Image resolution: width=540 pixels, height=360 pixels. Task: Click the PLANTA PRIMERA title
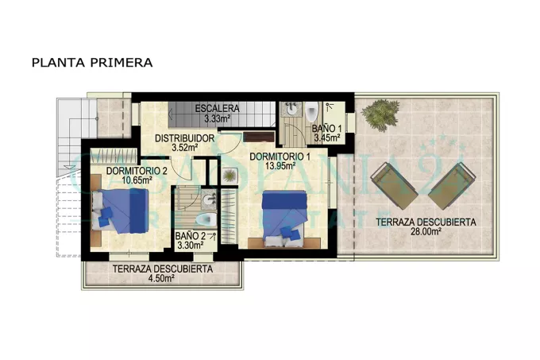coord(92,63)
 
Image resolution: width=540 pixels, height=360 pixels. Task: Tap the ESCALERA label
coord(217,109)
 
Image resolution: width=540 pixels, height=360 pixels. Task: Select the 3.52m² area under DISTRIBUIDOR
coord(185,148)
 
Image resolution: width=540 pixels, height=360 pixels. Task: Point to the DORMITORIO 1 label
coord(280,157)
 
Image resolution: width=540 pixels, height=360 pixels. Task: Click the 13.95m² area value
coord(280,166)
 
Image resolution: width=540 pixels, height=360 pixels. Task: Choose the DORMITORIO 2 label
coord(137,171)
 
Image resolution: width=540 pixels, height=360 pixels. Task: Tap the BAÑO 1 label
coord(327,129)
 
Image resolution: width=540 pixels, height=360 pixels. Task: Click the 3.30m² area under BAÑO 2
coord(190,246)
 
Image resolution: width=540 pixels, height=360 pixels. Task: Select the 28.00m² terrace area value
coord(426,231)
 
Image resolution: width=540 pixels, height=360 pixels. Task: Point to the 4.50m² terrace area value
coord(161,278)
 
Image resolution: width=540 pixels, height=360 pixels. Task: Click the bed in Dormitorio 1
coord(284,219)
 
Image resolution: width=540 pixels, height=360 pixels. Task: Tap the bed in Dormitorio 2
coord(120,211)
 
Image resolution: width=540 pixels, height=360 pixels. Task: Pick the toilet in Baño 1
coord(312,111)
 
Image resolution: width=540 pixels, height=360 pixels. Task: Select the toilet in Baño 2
coord(206,219)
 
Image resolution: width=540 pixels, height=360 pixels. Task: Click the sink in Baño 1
coord(292,109)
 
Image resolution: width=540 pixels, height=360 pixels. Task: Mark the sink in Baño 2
coord(209,199)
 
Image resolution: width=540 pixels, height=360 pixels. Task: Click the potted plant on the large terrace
coord(380,114)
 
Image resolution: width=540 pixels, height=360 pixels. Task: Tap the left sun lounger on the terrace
coord(394,186)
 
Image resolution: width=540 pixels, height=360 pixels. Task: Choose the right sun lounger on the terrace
coord(452,186)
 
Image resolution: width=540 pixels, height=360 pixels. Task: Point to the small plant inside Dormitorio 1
coord(229,176)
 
